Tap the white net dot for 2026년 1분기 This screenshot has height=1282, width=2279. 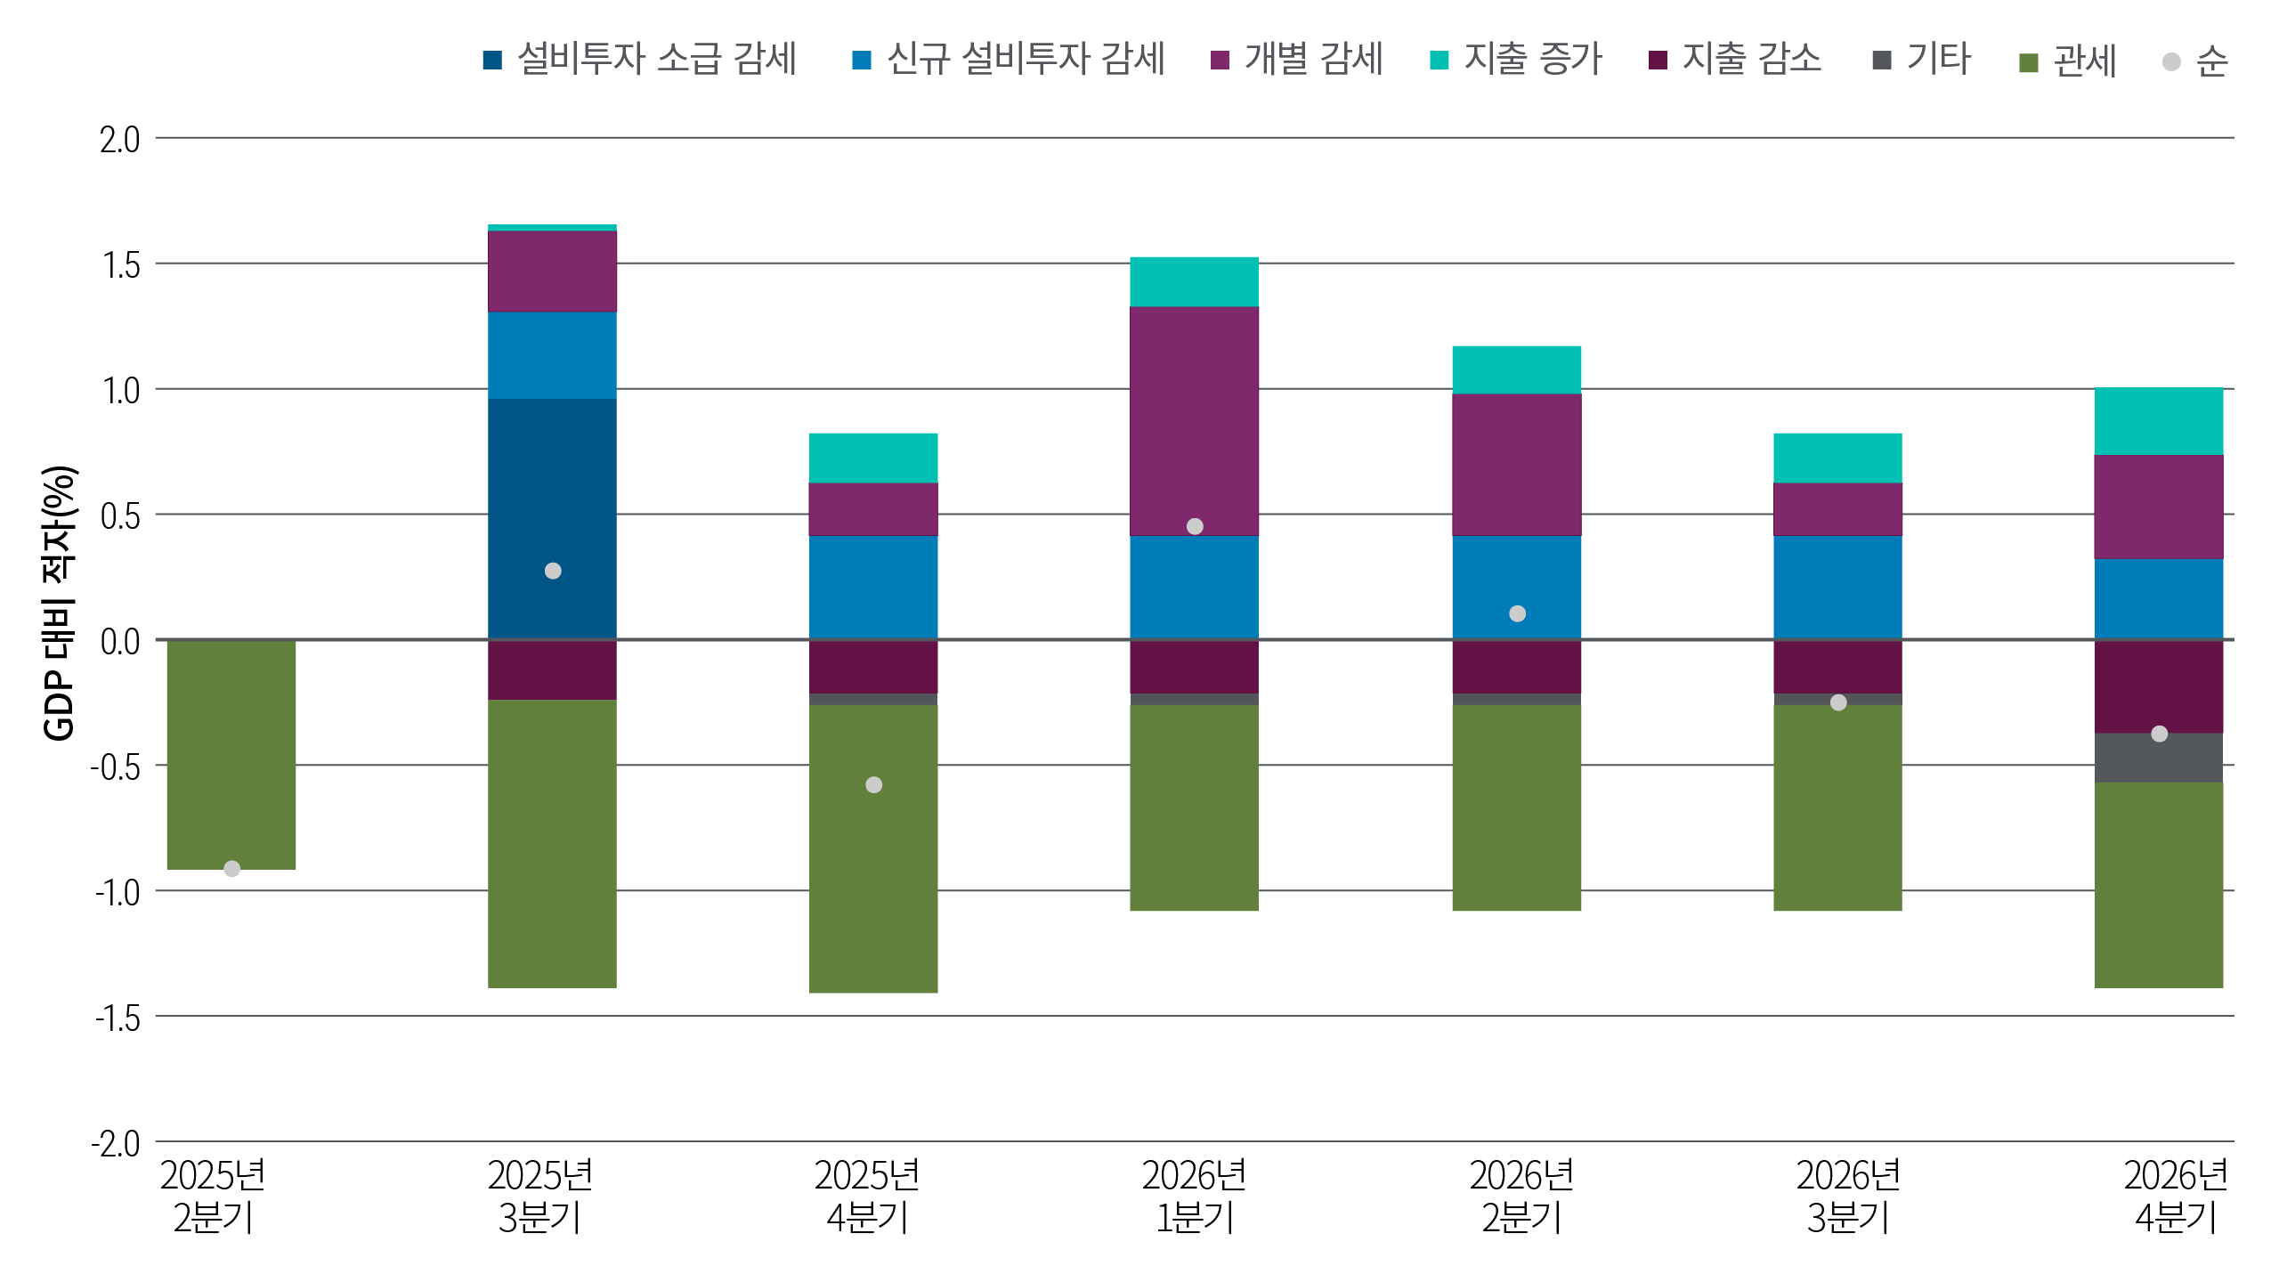1195,526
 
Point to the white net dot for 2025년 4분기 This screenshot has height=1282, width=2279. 873,784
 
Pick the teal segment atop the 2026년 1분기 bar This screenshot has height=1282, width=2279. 1194,281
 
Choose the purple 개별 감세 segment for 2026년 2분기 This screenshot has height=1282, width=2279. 1516,464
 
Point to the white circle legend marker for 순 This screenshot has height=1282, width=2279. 2171,61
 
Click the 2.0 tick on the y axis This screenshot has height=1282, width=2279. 120,140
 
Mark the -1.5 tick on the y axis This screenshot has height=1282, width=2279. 118,1018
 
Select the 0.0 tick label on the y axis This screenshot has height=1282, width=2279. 120,641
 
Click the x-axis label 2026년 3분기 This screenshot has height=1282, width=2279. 1848,1197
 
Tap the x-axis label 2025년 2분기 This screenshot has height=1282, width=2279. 213,1197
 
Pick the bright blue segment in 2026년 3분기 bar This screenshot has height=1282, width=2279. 1837,587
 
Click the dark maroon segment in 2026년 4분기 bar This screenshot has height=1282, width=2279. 2158,686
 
